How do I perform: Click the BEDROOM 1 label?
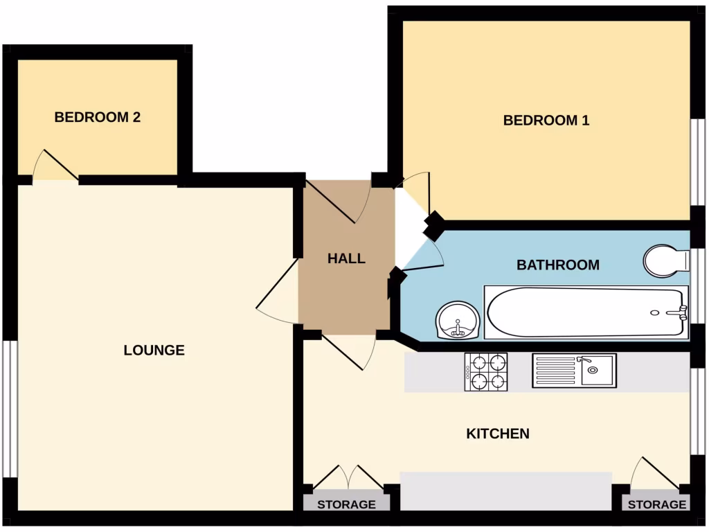[x=546, y=121]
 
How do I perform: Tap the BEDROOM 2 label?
[x=98, y=118]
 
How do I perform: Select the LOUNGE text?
[x=154, y=351]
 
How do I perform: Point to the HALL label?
[x=346, y=259]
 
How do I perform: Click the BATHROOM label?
[x=558, y=265]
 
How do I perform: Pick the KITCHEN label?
[x=498, y=434]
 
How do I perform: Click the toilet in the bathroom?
[x=666, y=260]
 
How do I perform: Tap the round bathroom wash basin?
[x=458, y=321]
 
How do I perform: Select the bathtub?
[x=586, y=312]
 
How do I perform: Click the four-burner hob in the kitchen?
[x=485, y=372]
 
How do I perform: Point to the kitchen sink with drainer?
[x=574, y=371]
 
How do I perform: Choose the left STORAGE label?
[x=346, y=504]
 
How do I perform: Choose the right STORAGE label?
[x=657, y=504]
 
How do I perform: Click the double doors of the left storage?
[x=347, y=478]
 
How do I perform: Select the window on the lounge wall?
[x=8, y=409]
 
